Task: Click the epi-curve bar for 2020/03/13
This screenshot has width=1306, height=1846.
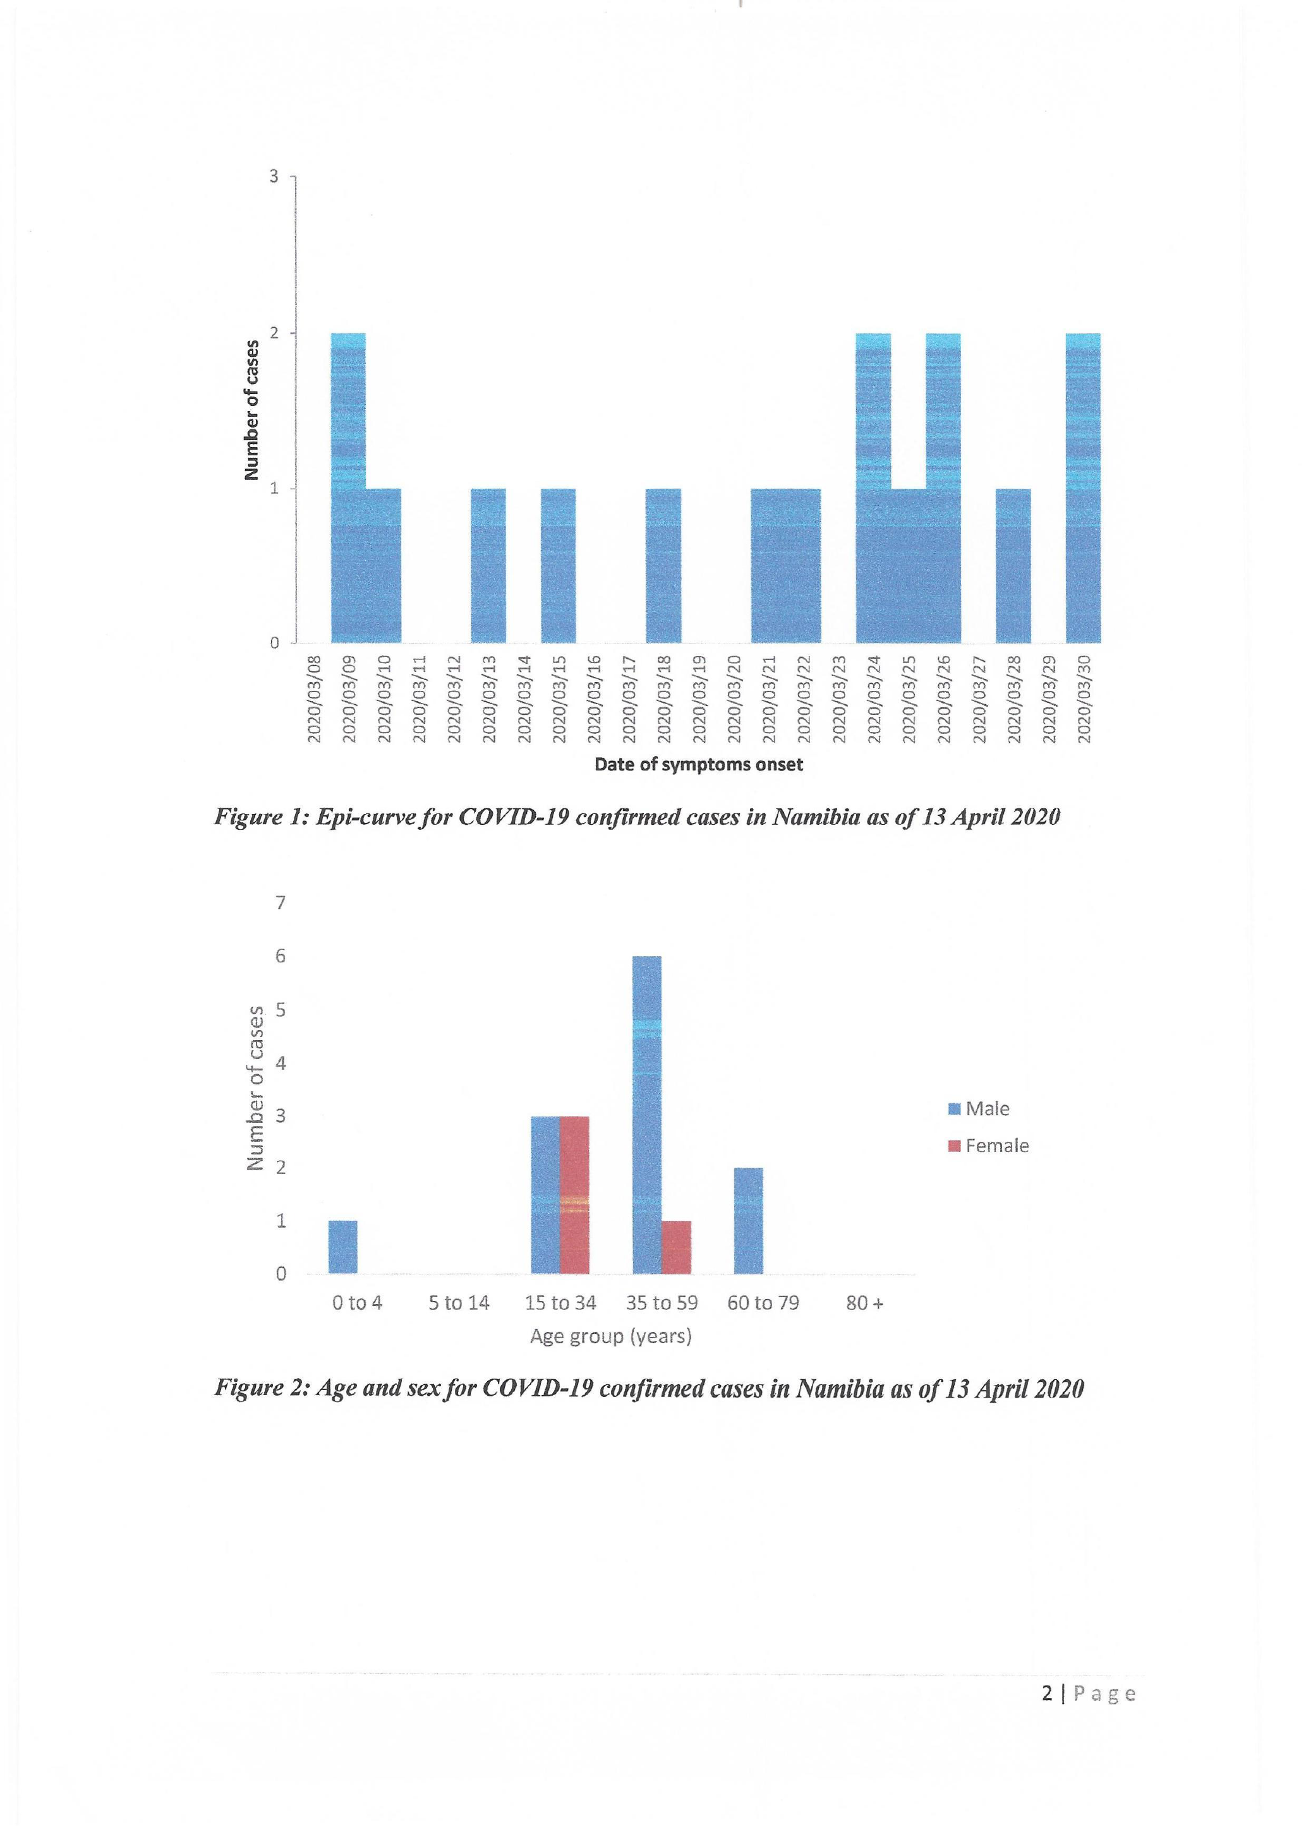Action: (488, 565)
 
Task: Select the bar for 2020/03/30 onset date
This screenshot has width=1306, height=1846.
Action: (1082, 488)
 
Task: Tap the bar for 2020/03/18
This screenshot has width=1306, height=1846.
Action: (663, 565)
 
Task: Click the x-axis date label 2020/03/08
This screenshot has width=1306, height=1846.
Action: (315, 698)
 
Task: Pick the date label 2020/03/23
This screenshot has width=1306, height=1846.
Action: (839, 698)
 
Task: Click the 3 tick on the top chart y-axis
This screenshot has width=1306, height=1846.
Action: (274, 176)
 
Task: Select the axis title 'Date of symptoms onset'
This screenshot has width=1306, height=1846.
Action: (698, 765)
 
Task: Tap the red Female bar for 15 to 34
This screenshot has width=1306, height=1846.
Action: (574, 1195)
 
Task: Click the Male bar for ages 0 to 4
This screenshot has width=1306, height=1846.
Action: (342, 1247)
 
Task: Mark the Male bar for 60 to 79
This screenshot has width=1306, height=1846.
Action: (748, 1221)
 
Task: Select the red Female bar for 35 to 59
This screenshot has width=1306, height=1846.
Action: (676, 1247)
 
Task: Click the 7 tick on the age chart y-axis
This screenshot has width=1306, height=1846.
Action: (281, 903)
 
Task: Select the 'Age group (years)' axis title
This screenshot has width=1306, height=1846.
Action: (610, 1336)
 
